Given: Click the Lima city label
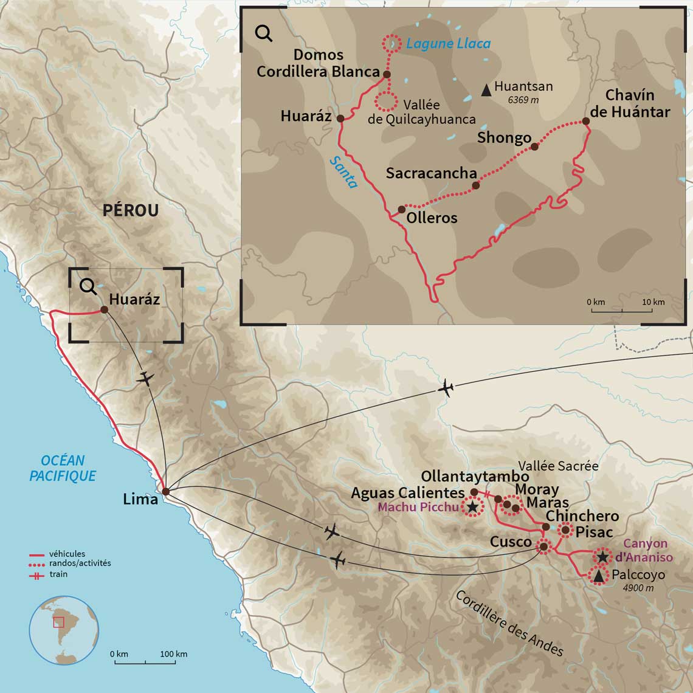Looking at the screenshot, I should click(x=140, y=500).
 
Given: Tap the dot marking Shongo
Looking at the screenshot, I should click(x=534, y=147).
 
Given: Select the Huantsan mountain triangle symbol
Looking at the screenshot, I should click(x=486, y=90).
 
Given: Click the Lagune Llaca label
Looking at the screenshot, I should click(x=448, y=44).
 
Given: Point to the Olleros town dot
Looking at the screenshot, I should click(x=401, y=209).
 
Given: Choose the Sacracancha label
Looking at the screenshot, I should click(x=431, y=173).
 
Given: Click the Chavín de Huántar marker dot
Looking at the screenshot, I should click(x=586, y=121).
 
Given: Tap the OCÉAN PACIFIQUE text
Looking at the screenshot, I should click(x=63, y=468).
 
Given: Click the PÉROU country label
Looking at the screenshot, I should click(x=131, y=210).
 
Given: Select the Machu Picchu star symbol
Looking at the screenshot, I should click(x=472, y=507).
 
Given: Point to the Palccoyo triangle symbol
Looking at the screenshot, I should click(x=598, y=575).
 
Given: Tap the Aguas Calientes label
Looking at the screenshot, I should click(x=407, y=493).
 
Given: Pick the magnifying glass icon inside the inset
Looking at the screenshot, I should click(x=264, y=33).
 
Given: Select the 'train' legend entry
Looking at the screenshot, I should click(x=58, y=574).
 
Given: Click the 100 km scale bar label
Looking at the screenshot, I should click(x=174, y=654).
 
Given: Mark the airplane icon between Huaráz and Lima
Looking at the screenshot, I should click(x=145, y=378).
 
